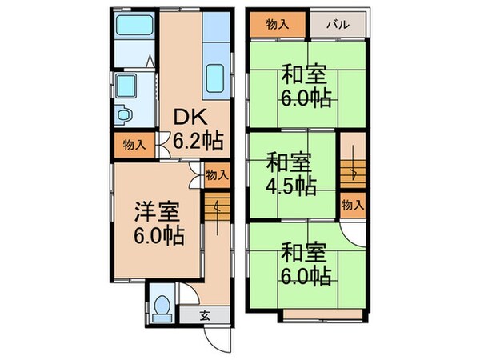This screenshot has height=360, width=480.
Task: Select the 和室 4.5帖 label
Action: click(290, 174)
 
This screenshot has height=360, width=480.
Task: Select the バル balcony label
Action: click(338, 25)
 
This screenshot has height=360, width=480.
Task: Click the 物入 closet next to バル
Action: click(277, 25)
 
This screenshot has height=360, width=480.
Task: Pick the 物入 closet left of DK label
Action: click(134, 146)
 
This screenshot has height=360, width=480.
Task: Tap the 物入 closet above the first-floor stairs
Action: click(216, 174)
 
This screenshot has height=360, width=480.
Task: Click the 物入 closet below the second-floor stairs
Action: click(352, 205)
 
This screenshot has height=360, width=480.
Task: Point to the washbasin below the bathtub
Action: click(125, 86)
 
